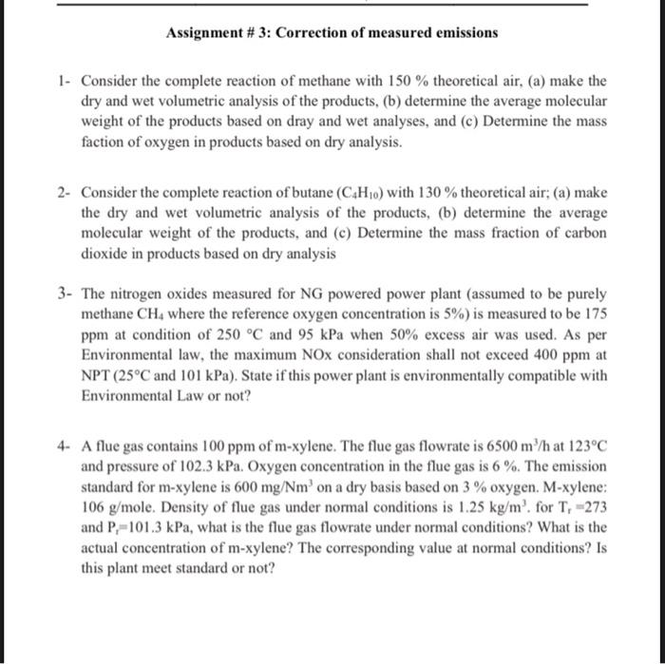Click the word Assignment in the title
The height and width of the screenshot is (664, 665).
coord(205,33)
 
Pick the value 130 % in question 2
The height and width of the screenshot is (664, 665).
coord(438,193)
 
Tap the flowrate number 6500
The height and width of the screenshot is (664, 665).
coord(474,447)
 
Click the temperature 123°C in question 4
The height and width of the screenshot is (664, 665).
coord(583,447)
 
